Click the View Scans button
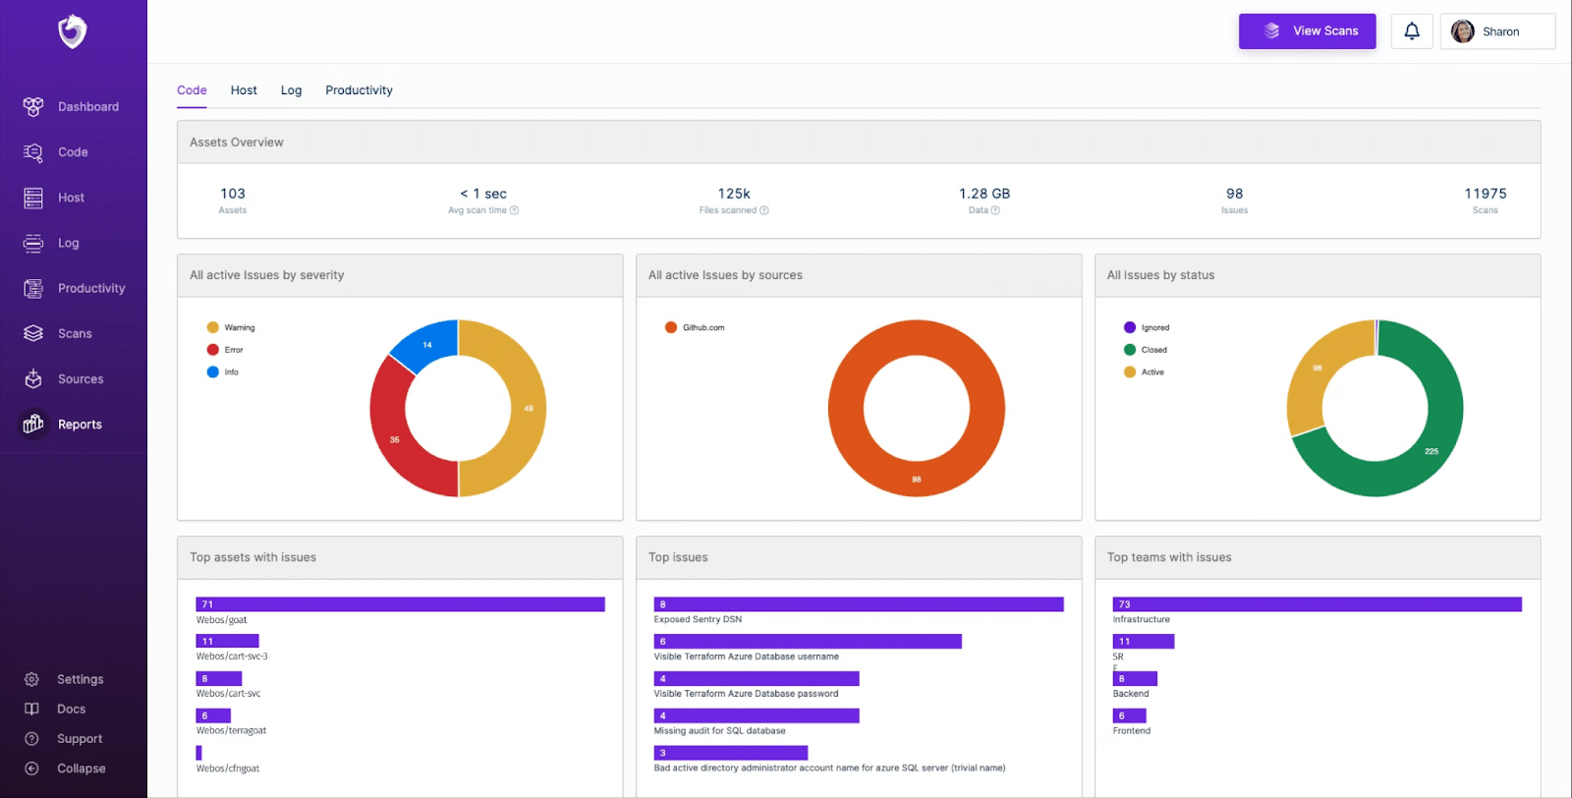pos(1307,31)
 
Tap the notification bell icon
pos(1412,31)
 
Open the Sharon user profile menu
pos(1497,31)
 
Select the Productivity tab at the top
pos(359,90)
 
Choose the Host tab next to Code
pos(244,90)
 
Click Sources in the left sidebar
pos(80,379)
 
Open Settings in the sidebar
pos(79,679)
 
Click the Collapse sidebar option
pos(81,769)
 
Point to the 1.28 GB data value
pos(983,194)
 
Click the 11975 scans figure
pos(1485,194)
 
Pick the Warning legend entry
pos(239,327)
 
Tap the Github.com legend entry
pos(702,327)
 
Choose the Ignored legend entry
pos(1154,327)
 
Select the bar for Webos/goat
pos(400,604)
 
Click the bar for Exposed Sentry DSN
pos(859,604)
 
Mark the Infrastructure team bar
pos(1317,604)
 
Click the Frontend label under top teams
pos(1132,731)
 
